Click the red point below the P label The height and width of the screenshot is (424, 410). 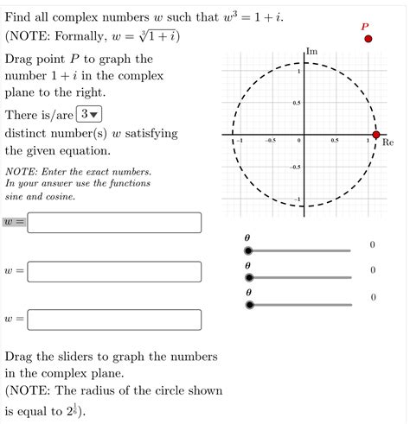[368, 39]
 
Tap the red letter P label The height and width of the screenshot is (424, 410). [365, 27]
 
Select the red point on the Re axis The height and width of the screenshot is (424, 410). [376, 135]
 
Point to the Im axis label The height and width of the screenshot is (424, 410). [311, 52]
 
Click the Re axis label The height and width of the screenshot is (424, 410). [388, 142]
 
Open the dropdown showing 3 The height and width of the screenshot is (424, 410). [88, 115]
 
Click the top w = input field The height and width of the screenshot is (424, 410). [115, 223]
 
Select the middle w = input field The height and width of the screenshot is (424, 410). [115, 272]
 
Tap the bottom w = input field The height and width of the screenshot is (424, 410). [115, 320]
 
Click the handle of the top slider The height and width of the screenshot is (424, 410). [249, 250]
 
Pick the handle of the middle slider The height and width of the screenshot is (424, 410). [249, 278]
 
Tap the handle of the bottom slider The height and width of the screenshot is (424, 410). [249, 304]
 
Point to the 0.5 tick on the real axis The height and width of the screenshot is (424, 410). [334, 140]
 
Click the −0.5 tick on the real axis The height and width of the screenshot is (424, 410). [270, 140]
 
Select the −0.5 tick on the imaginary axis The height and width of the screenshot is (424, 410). [295, 167]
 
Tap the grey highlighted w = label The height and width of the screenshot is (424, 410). [15, 223]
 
